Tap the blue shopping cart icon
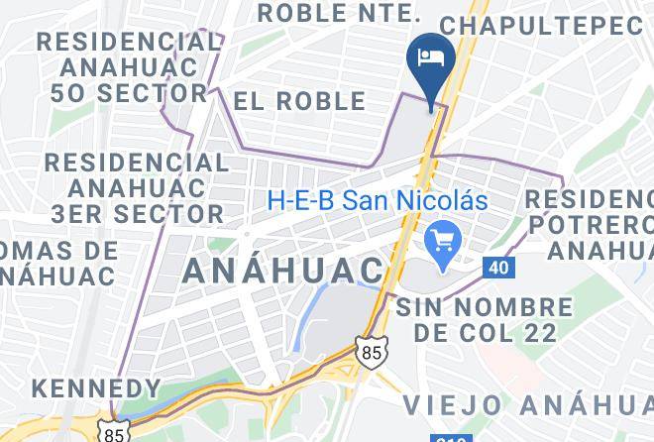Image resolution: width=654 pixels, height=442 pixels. [439, 239]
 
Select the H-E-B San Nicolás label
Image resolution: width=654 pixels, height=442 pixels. [378, 199]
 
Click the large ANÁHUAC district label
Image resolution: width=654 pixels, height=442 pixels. [283, 269]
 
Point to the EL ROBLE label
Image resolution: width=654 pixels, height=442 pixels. [299, 101]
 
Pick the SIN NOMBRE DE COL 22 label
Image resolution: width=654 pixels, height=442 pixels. [485, 320]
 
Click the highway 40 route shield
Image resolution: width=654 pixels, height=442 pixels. [498, 268]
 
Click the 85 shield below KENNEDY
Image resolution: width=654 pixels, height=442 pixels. [113, 433]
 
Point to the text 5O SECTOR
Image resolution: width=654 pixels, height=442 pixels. [125, 94]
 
